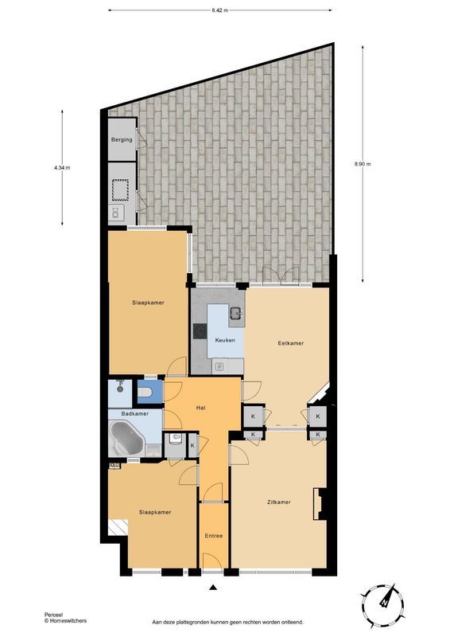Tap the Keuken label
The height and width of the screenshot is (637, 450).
[x=223, y=340]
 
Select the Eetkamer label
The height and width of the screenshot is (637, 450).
[x=290, y=343]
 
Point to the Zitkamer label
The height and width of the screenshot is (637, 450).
[x=278, y=502]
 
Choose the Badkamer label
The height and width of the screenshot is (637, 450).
[x=134, y=414]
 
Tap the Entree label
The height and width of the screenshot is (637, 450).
[x=214, y=535]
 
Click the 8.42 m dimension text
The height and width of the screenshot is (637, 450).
[x=220, y=10]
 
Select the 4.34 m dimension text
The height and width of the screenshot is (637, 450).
[x=62, y=168]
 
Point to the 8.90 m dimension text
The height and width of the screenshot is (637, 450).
[x=363, y=164]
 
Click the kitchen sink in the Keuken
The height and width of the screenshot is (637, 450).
[x=235, y=313]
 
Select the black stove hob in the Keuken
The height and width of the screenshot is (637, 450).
[x=199, y=331]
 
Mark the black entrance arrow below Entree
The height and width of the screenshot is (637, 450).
[x=213, y=588]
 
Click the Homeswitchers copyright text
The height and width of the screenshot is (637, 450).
[x=65, y=620]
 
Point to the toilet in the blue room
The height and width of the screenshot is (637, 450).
[x=145, y=392]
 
